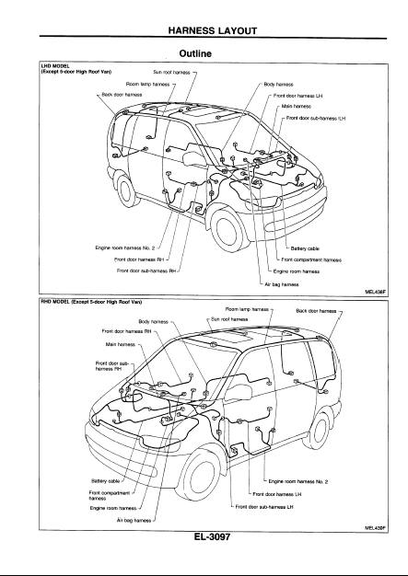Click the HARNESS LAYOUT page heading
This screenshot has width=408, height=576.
click(213, 30)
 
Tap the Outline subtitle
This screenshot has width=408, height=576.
click(195, 53)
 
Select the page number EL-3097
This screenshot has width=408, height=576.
click(212, 536)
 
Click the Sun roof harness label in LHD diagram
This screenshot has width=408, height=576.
click(171, 73)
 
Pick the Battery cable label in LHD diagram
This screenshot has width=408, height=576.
click(305, 248)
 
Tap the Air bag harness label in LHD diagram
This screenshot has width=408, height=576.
click(282, 284)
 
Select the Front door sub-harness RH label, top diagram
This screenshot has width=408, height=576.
click(146, 271)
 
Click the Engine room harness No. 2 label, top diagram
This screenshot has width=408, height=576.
click(125, 248)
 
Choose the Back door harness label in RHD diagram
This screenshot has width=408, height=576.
click(316, 311)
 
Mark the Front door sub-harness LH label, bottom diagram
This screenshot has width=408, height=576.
click(264, 507)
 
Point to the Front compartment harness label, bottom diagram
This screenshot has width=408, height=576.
click(110, 496)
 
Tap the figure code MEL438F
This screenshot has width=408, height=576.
click(375, 292)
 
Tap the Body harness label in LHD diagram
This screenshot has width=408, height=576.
click(278, 85)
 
